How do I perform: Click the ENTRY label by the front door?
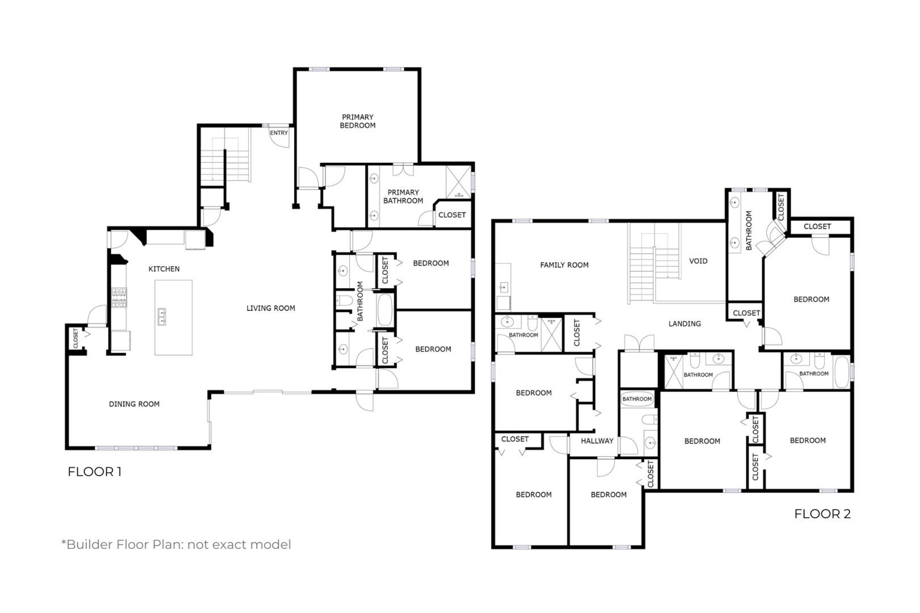(279, 133)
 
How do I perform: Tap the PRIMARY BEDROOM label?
(358, 121)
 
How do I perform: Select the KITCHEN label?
(164, 269)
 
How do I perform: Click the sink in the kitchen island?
(161, 317)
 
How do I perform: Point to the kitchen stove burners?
(119, 297)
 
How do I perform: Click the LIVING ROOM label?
(271, 308)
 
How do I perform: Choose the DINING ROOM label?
(134, 404)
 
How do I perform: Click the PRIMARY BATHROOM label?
(403, 196)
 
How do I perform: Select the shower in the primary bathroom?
(458, 182)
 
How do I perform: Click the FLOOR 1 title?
(94, 472)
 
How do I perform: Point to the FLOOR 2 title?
(822, 514)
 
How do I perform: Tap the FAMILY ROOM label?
(564, 265)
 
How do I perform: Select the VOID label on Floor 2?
(698, 261)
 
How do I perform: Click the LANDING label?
(685, 324)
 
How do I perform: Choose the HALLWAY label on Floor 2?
(597, 441)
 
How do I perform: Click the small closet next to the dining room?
(77, 338)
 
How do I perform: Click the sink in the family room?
(504, 287)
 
